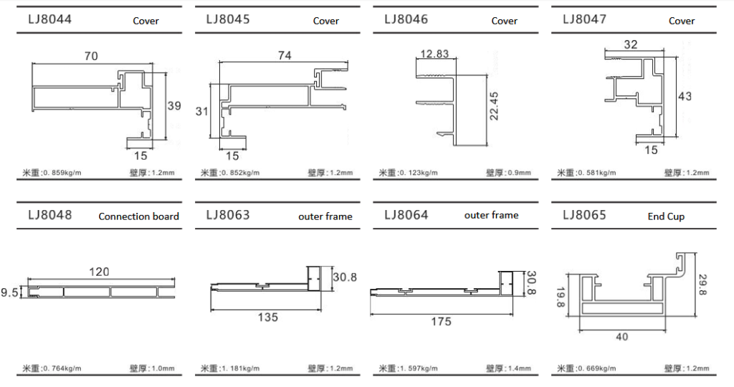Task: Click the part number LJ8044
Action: [49, 19]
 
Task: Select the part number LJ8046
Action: [406, 19]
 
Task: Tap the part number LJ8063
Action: [228, 214]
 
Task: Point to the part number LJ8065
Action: [584, 214]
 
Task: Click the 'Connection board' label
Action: [139, 216]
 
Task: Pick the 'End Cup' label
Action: [666, 216]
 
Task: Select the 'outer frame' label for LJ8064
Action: [491, 215]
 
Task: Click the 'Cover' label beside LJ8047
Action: [682, 21]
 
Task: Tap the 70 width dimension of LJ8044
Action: [91, 56]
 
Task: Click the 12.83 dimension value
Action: [435, 54]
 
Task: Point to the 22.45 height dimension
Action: [494, 105]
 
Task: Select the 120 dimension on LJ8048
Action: [99, 272]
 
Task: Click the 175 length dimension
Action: [442, 322]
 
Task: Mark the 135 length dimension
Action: [267, 317]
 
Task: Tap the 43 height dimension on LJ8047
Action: [685, 96]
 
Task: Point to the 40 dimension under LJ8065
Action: [621, 337]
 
